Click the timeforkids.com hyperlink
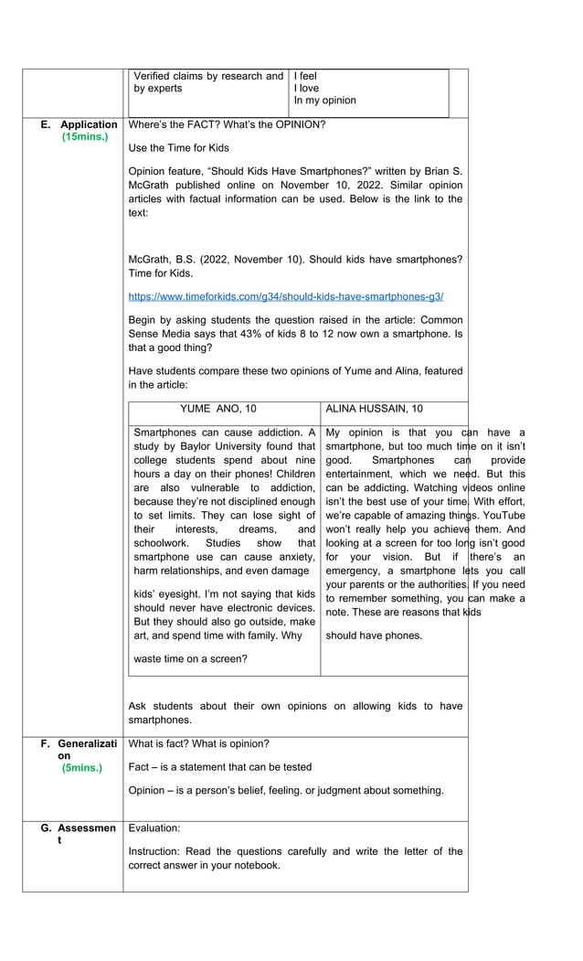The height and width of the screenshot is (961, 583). coord(286,297)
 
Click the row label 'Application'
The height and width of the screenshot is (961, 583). coord(89,124)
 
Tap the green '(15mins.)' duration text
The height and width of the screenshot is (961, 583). coord(85,137)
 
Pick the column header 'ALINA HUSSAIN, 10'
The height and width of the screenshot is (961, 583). coord(374,409)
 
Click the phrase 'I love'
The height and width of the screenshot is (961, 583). coord(306,89)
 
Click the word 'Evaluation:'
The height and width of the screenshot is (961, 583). coord(154,828)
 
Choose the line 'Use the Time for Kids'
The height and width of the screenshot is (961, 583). coord(179,148)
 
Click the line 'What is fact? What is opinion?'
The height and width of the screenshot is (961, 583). coord(199,743)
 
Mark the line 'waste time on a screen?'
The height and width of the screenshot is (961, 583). coord(190,658)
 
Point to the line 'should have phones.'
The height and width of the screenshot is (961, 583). coord(374,635)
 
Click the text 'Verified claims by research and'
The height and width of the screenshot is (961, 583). coord(208,76)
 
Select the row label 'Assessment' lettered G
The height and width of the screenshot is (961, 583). coord(89,828)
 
